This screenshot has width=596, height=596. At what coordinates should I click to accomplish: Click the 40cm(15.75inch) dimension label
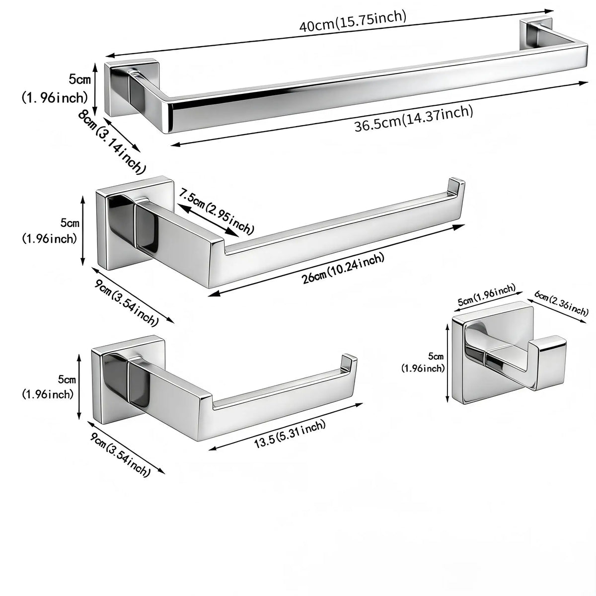[353, 21]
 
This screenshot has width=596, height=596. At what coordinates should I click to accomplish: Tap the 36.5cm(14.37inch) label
[414, 119]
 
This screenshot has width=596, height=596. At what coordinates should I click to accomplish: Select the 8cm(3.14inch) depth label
[111, 142]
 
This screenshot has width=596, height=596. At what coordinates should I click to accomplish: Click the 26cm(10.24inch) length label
[343, 269]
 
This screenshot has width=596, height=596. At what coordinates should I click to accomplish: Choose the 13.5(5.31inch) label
[290, 434]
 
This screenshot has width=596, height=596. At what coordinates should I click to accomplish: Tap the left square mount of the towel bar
[132, 88]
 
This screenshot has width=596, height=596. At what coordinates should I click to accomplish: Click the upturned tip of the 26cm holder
[457, 187]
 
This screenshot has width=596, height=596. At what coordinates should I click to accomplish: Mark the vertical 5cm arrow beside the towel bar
[95, 89]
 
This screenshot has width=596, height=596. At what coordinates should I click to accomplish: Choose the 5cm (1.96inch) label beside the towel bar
[55, 89]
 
